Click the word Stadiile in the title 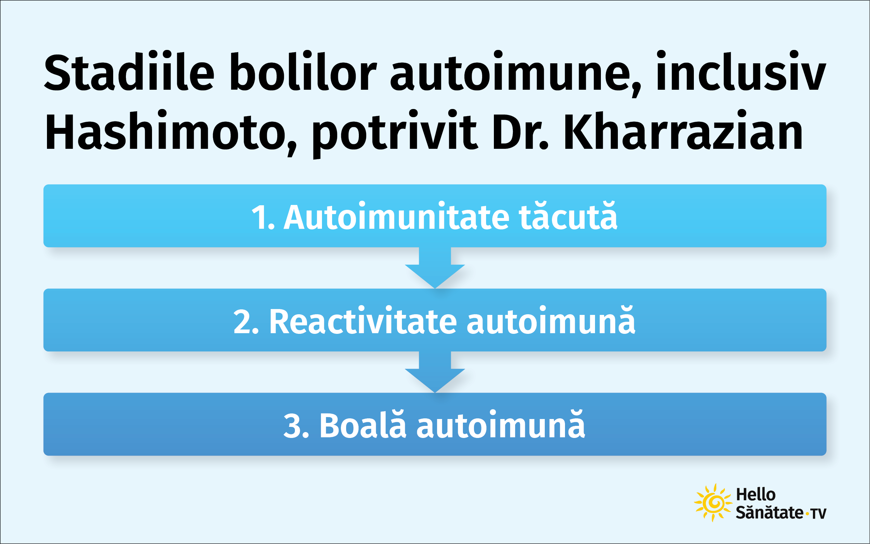[x=129, y=71]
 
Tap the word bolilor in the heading [x=303, y=71]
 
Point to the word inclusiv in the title [x=741, y=71]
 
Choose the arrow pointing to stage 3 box [x=435, y=372]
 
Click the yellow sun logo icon [x=713, y=503]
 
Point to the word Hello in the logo [x=756, y=495]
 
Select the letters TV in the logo [x=818, y=514]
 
